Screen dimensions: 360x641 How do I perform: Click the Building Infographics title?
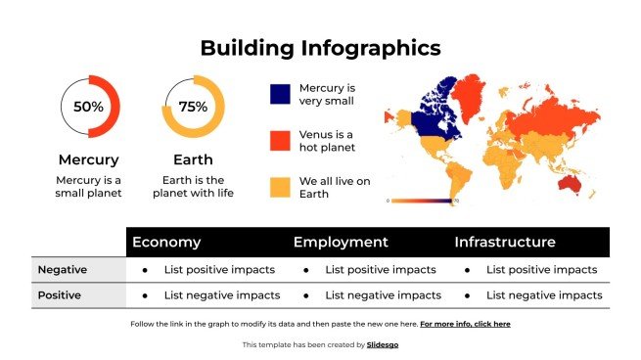pos(320,47)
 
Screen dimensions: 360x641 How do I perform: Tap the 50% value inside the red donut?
pos(89,106)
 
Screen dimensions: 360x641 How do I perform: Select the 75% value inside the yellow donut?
pos(193,106)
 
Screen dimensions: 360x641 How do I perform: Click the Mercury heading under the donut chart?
pos(89,159)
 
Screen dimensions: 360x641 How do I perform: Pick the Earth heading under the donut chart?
pos(193,159)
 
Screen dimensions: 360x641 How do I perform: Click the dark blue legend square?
pos(280,94)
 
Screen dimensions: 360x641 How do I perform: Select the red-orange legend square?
pos(280,141)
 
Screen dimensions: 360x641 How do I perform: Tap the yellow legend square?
pos(280,188)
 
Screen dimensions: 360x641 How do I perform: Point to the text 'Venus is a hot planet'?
pos(327,141)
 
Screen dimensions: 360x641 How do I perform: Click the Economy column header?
pos(166,243)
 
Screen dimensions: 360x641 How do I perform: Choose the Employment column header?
pos(341,243)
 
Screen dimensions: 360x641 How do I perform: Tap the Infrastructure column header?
pos(505,243)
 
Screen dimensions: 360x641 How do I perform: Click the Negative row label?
pos(62,270)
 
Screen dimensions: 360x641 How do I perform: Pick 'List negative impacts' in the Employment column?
pos(383,295)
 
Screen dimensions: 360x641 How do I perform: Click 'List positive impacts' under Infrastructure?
pos(541,270)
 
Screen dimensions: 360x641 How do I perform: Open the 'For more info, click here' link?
pos(465,323)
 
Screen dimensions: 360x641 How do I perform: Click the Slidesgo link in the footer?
pos(383,344)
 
